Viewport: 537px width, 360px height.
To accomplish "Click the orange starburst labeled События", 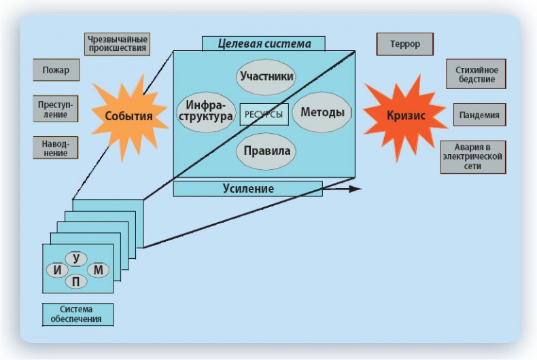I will (128, 116).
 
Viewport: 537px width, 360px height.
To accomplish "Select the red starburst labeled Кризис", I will (406, 116).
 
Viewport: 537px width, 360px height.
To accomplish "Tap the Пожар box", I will (56, 70).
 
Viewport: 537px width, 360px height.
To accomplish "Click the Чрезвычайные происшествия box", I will (118, 44).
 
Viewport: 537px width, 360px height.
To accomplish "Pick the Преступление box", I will (56, 109).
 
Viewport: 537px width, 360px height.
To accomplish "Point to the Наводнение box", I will (56, 148).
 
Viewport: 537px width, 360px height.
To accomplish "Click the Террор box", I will (405, 44).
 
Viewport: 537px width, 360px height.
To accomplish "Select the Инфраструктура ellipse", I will (205, 113).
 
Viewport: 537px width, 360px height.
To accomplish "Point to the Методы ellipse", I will (322, 113).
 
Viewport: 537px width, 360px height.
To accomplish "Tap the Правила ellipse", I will (267, 151).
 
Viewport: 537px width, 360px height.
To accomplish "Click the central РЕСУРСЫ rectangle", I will (264, 114).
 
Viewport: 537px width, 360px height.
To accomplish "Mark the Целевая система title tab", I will (264, 44).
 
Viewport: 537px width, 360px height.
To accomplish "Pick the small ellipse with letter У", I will (77, 258).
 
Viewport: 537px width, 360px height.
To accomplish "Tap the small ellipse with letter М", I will (99, 270).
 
